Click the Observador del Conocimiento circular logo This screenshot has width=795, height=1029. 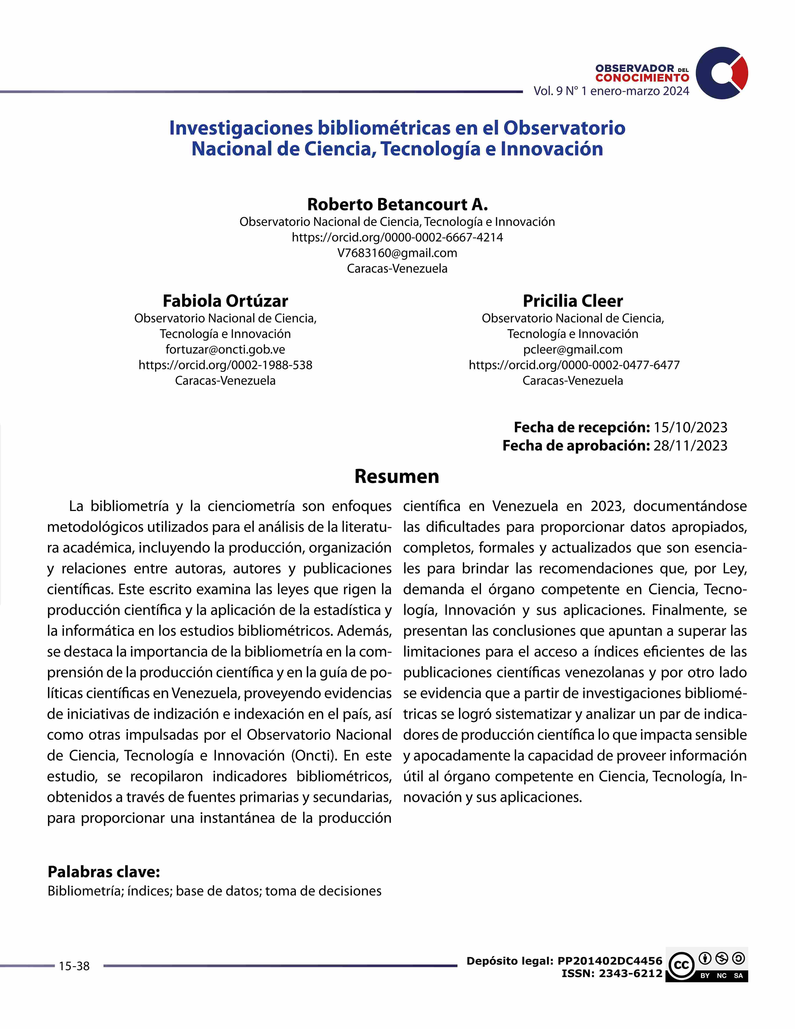[x=721, y=73]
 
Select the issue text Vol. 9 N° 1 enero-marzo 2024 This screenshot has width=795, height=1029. [x=611, y=91]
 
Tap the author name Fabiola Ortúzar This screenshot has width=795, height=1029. [x=225, y=301]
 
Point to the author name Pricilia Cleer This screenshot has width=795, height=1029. [x=573, y=301]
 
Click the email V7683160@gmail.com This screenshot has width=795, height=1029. [x=397, y=253]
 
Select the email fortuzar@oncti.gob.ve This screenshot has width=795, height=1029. [x=225, y=349]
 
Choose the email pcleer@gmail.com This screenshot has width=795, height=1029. [x=573, y=349]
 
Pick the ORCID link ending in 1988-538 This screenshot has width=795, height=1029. [x=225, y=365]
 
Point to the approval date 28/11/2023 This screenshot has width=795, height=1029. [x=690, y=446]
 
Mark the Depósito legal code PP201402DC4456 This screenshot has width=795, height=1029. [x=610, y=961]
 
